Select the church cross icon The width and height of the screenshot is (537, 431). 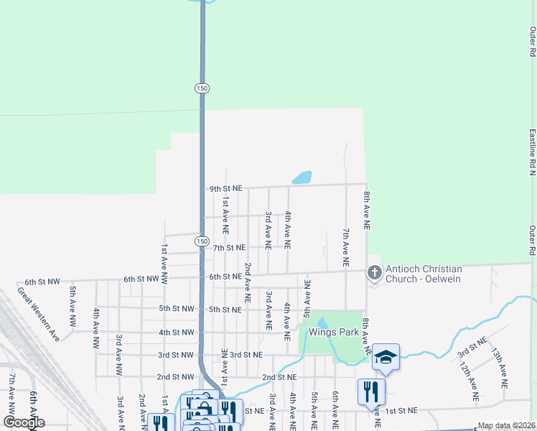click(x=374, y=273)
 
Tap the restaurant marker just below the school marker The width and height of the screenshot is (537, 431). click(x=371, y=391)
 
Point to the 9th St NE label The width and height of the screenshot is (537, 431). click(x=226, y=189)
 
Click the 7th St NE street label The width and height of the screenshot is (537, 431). click(x=230, y=248)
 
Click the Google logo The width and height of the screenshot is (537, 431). click(x=24, y=422)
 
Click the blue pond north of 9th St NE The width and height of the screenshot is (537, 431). click(x=302, y=177)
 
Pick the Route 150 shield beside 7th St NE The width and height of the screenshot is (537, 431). click(x=202, y=241)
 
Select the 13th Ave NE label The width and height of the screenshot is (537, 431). click(x=500, y=369)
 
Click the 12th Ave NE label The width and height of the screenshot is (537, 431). click(x=469, y=381)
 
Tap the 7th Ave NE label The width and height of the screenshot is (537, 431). click(x=346, y=249)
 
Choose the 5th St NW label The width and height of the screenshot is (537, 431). click(x=177, y=309)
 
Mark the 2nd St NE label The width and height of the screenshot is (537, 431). click(x=279, y=377)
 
